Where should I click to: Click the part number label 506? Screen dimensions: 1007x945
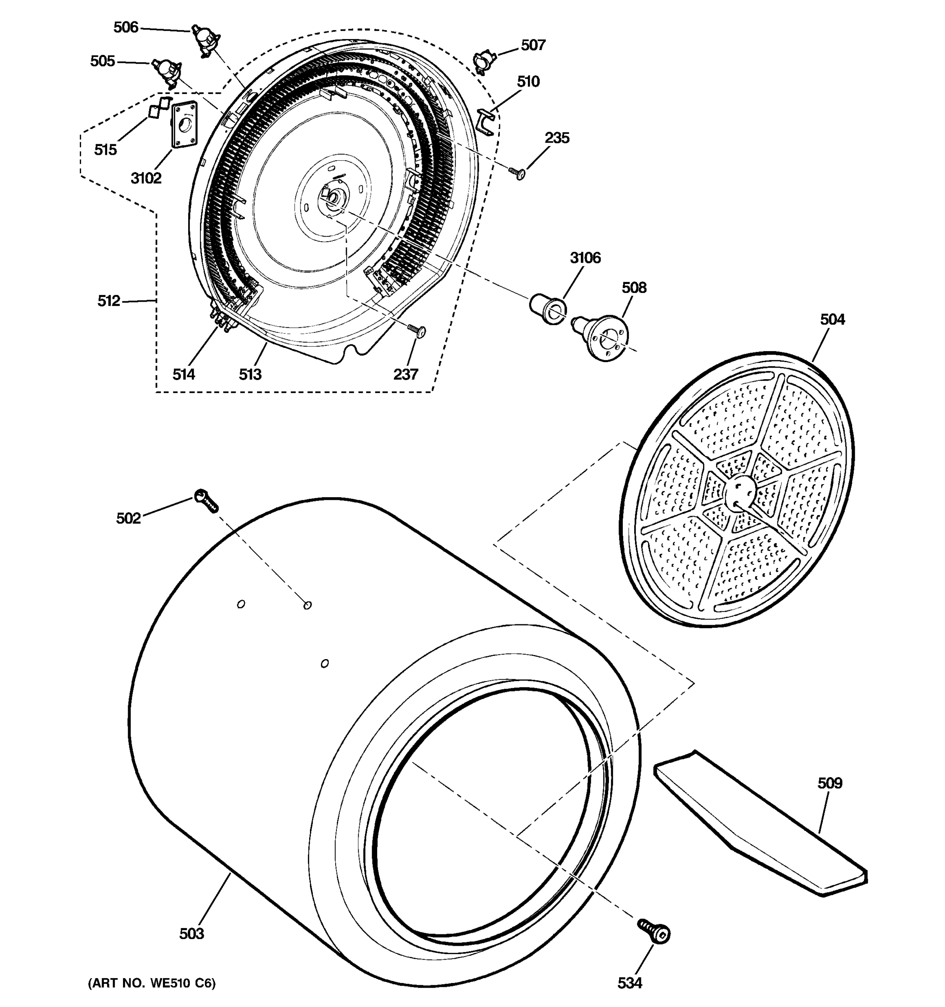coord(126,27)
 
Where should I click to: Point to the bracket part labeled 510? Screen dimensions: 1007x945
coord(486,122)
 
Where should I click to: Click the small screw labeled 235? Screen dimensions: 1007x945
coord(518,173)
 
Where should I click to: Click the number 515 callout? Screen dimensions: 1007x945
coord(105,150)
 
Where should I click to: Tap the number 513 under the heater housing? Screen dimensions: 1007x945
coord(250,374)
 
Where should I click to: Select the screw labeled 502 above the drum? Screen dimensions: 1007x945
coord(206,500)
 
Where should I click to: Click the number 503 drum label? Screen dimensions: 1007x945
coord(192,934)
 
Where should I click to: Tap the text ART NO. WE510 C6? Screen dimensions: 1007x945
coord(152,983)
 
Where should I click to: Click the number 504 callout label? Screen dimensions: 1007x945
coord(832,320)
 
